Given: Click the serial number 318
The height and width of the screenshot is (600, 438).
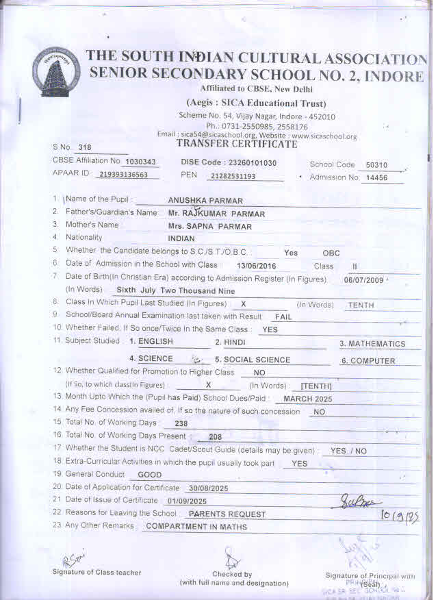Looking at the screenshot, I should [85, 147].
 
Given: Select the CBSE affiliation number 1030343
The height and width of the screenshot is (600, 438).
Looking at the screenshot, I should [141, 162].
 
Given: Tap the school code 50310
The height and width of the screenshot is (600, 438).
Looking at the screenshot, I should [376, 165].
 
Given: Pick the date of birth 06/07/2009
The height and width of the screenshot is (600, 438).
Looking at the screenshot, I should [365, 280].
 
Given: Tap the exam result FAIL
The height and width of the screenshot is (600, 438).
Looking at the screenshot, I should [283, 318].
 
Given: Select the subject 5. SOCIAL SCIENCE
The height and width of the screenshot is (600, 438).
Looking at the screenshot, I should [253, 360].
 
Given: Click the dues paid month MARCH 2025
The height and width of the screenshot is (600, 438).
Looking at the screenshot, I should [307, 399].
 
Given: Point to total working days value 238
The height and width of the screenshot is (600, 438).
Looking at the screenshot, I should [181, 424].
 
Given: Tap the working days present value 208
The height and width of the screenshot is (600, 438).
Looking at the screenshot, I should [215, 436].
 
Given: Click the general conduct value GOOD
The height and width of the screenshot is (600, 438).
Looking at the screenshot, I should [150, 475].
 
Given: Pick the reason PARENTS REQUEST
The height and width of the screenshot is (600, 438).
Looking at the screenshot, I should [227, 514].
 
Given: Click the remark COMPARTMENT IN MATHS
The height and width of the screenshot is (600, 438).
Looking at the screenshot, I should [196, 527].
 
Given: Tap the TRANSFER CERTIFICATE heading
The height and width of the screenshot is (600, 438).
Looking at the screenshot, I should [237, 144].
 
